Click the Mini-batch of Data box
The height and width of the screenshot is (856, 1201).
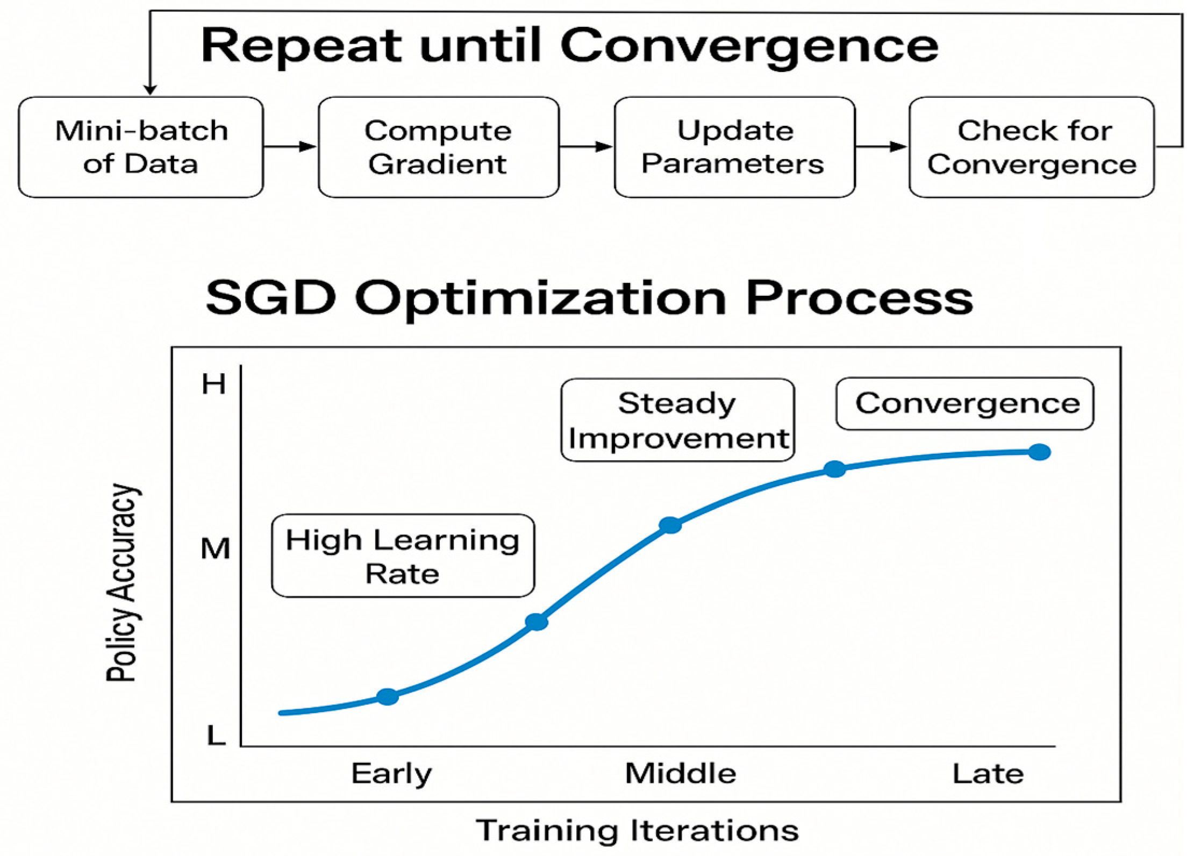(141, 147)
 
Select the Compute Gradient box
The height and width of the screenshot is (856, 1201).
(439, 147)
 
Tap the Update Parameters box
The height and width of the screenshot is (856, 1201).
(734, 147)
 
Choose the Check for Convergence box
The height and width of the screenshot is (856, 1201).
(1032, 147)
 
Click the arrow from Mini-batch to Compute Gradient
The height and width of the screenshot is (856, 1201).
(291, 146)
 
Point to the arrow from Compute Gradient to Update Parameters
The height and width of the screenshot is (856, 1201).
(587, 146)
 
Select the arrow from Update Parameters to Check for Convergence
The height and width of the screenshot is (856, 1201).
(882, 146)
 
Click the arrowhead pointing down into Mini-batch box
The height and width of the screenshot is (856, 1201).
(151, 90)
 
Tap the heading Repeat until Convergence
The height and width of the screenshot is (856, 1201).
(570, 46)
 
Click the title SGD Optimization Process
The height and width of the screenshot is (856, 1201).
(589, 299)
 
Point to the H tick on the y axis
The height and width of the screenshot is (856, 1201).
(213, 384)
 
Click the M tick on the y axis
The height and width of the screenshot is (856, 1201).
(215, 549)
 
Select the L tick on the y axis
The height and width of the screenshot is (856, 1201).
(216, 734)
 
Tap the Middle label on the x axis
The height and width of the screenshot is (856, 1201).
(681, 774)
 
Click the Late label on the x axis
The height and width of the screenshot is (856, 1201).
(988, 774)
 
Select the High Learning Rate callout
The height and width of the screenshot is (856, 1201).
(403, 555)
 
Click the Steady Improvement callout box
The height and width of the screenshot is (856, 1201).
(678, 420)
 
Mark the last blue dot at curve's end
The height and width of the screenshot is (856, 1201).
(1039, 452)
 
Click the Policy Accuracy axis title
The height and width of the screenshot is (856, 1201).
(121, 583)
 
